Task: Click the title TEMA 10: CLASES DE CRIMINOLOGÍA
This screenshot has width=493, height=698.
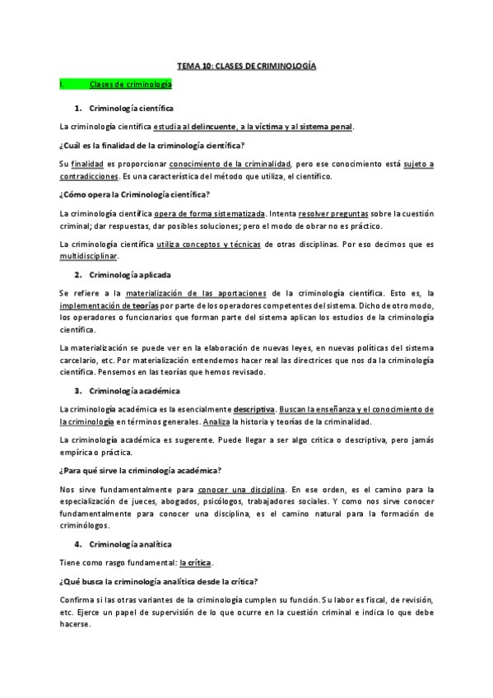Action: click(247, 66)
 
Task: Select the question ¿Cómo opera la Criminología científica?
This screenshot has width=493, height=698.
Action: click(135, 195)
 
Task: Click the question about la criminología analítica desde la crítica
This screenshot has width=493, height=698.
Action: click(160, 580)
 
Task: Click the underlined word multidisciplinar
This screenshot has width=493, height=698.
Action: click(89, 256)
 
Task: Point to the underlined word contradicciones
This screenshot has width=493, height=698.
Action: click(88, 177)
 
